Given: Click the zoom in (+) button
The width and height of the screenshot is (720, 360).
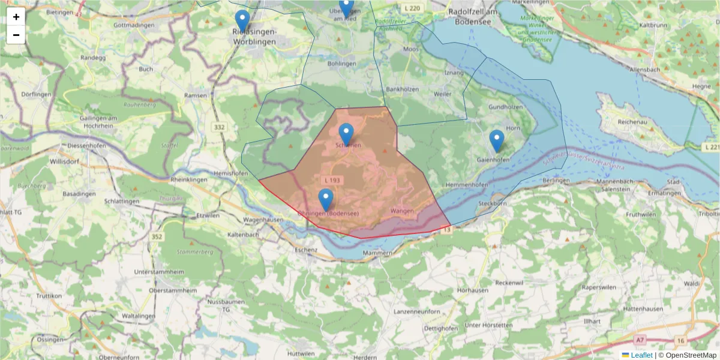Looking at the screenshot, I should click(x=16, y=17).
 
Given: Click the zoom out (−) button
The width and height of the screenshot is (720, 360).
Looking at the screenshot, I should click(x=16, y=35).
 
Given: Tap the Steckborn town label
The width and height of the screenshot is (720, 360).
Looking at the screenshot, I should click(x=493, y=204).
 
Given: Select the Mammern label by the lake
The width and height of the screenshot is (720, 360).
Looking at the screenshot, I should click(x=378, y=253).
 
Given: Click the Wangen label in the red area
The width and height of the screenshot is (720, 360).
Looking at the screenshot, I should click(x=402, y=211).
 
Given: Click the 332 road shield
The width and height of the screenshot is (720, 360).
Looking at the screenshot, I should click(x=219, y=127).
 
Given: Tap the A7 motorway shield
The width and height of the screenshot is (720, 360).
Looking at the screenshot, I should click(x=640, y=340).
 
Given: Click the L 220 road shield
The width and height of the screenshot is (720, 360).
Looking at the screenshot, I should click(x=413, y=8).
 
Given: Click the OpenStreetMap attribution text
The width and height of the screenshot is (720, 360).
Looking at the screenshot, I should click(x=687, y=355).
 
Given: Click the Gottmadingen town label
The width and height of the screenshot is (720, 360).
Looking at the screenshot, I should click(x=134, y=25).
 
